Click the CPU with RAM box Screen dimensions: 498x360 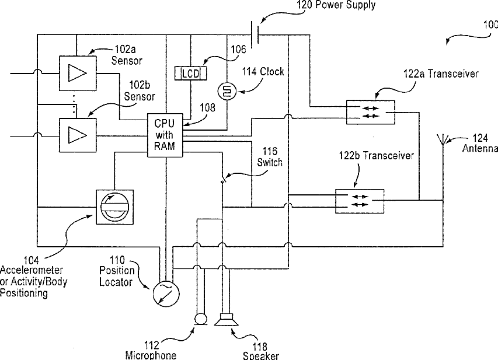[x=165, y=135]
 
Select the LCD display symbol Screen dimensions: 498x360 [x=190, y=74]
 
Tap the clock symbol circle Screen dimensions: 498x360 [x=227, y=92]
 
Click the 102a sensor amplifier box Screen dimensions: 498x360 [x=78, y=74]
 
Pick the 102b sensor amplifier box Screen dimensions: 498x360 [x=78, y=135]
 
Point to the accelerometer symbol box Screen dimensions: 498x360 [x=114, y=207]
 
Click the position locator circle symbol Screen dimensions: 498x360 [x=166, y=293]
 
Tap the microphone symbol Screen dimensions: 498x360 [x=200, y=319]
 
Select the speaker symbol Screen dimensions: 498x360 [x=226, y=320]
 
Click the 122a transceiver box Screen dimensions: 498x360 [x=370, y=112]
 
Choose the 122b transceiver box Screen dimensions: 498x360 [x=360, y=201]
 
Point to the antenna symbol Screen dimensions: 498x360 [x=443, y=139]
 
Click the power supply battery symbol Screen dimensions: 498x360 [x=255, y=34]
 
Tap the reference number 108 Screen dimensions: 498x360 [x=207, y=107]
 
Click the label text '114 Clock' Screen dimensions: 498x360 [x=263, y=72]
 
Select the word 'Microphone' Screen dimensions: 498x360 [x=151, y=355]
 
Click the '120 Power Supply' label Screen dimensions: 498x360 [x=336, y=5]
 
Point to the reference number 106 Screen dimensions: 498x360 [x=238, y=49]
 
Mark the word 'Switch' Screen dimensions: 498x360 [x=270, y=163]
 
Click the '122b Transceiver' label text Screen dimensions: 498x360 [x=377, y=156]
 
